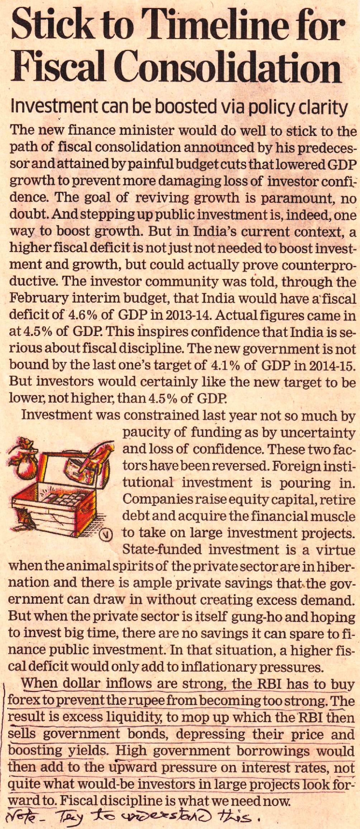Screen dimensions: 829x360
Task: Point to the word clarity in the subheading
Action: [x=323, y=107]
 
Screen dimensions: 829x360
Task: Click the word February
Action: [x=37, y=298]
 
